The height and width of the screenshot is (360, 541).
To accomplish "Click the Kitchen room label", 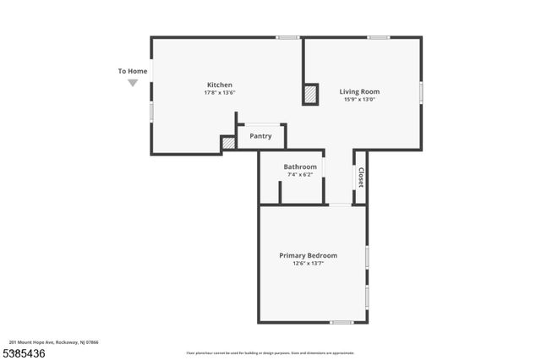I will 220,85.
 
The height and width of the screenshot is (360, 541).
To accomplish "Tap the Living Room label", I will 359,91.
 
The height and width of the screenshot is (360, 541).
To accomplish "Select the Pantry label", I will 260,136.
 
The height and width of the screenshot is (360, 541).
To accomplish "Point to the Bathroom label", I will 300,166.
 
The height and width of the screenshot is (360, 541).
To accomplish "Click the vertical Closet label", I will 361,177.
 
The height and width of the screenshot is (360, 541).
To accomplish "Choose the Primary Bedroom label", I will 309,255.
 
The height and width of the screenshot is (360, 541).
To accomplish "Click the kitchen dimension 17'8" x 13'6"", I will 220,93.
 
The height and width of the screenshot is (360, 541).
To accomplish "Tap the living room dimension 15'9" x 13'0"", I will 359,100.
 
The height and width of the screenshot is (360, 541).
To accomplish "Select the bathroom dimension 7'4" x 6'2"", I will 300,175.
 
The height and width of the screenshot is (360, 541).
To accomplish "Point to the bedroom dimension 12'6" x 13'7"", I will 309,264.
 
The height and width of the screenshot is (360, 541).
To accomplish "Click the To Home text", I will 133,71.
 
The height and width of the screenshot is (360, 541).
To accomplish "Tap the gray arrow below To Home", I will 133,83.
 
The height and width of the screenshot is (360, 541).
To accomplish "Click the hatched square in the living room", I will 311,95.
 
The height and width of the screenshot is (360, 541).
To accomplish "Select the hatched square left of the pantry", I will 228,144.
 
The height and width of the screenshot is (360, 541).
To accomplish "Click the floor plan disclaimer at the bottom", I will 270,353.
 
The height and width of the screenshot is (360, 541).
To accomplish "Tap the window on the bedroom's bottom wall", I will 342,322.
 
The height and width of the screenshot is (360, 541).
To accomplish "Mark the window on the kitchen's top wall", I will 288,37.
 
